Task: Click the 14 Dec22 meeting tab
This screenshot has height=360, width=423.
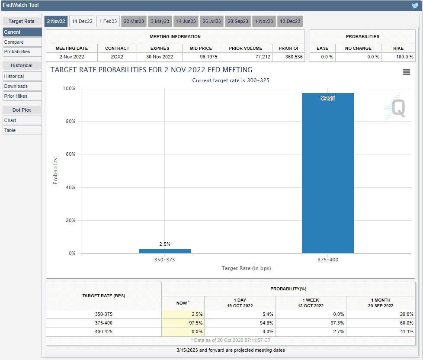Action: point(82,21)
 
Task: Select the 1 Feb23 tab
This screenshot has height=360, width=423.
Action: point(108,21)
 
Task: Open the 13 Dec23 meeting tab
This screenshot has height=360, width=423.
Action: point(290,21)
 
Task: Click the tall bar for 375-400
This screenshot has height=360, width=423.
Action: point(327,173)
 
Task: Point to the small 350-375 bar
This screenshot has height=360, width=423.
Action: point(165,251)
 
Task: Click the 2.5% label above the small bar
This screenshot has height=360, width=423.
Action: point(165,244)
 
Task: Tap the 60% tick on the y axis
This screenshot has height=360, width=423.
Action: point(70,154)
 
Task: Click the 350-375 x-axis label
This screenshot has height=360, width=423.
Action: point(165,260)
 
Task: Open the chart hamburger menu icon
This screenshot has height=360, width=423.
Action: point(406,72)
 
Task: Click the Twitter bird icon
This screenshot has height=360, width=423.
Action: point(415,6)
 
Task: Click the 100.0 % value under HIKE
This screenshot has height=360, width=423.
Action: point(398,57)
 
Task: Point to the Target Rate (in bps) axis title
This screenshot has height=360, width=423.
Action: point(246,268)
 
